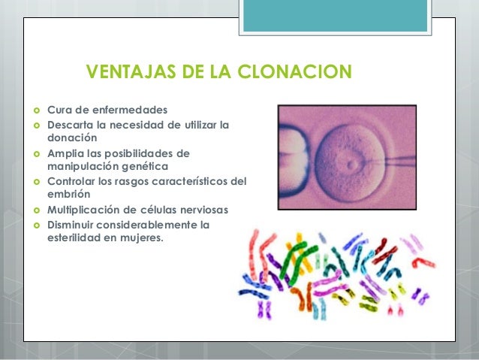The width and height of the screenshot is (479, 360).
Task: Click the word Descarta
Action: pos(73,125)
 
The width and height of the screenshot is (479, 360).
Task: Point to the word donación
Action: pos(73,138)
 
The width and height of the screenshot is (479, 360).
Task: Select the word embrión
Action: pos(70,194)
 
